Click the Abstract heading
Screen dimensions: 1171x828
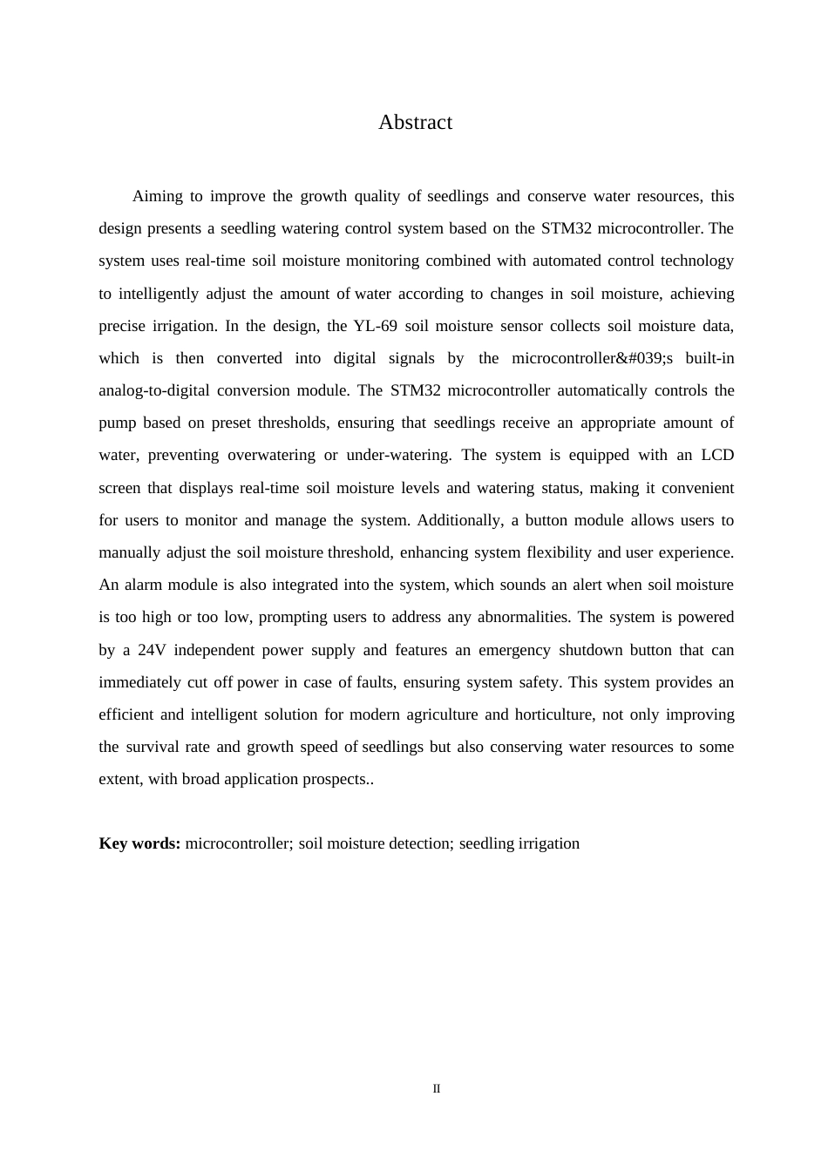click(415, 123)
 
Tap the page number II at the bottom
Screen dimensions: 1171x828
click(437, 1089)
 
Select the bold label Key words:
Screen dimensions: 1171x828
click(139, 843)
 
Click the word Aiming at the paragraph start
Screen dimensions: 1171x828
click(158, 196)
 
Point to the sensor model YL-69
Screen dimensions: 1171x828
click(376, 326)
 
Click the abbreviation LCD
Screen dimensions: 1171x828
click(717, 455)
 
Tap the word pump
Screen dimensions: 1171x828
click(117, 423)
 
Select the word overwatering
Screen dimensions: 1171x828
click(271, 455)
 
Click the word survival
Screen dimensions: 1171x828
click(153, 747)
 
